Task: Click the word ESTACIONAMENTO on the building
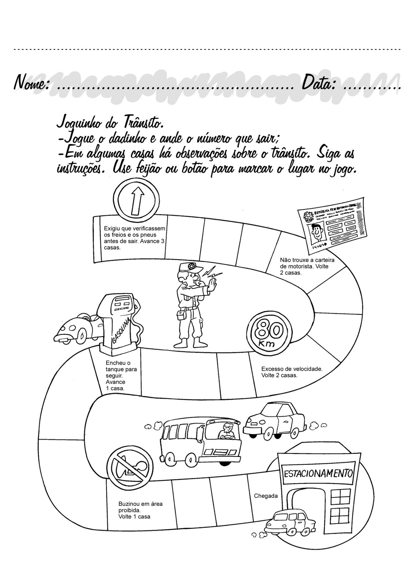pos(318,472)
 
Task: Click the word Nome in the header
pos(31,83)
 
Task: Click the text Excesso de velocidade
pos(291,369)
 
